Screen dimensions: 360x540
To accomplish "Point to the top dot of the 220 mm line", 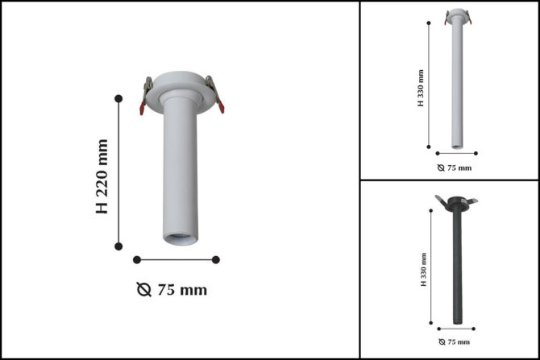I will [119, 98].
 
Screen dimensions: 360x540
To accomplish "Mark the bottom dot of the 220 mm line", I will [119, 246].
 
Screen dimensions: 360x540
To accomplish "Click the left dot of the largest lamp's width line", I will [137, 259].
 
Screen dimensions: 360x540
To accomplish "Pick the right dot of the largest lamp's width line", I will [216, 259].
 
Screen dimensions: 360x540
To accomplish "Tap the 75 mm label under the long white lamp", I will [459, 168].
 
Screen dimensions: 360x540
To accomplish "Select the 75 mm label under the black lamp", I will [459, 342].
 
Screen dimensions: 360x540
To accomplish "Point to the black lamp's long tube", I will [457, 266].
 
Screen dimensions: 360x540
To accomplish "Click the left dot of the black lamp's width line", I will [439, 329].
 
